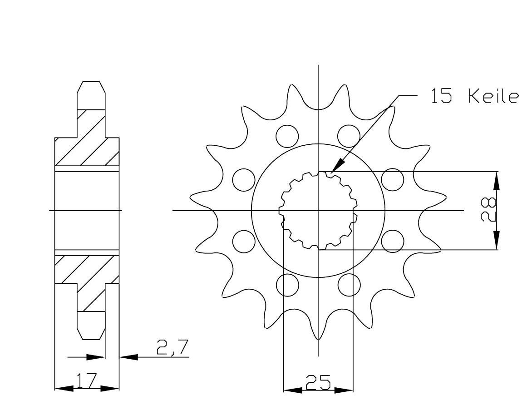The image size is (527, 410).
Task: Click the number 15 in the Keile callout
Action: coord(441,97)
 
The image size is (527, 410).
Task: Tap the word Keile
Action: coord(493,97)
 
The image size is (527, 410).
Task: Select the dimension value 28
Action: coord(489,210)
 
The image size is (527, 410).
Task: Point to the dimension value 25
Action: coord(318,383)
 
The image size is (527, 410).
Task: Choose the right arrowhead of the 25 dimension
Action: coord(344,390)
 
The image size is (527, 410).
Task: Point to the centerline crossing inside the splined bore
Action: coord(318,211)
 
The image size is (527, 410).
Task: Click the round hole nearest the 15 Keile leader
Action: coord(349,135)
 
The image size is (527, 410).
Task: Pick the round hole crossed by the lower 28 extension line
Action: coord(392,241)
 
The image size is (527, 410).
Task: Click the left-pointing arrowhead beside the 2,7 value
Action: coord(128,357)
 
